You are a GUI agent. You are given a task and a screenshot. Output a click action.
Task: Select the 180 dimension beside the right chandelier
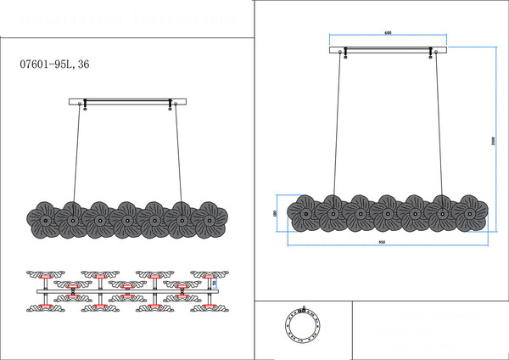tap(275, 213)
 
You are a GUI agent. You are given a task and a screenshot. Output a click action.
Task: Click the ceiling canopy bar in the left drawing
tap(126, 102)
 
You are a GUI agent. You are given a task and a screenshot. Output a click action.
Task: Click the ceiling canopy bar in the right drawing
tap(387, 49)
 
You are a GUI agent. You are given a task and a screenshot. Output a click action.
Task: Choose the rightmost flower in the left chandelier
tap(206, 220)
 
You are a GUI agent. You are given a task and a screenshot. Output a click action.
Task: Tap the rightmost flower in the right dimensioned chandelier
tap(468, 212)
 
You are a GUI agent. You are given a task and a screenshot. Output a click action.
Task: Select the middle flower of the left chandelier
tap(126, 220)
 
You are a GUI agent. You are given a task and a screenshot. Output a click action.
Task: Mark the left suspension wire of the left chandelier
tap(76, 157)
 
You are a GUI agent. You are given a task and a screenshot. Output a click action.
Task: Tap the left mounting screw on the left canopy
tap(81, 106)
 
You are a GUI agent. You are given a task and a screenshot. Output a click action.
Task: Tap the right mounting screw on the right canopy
tap(432, 54)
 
